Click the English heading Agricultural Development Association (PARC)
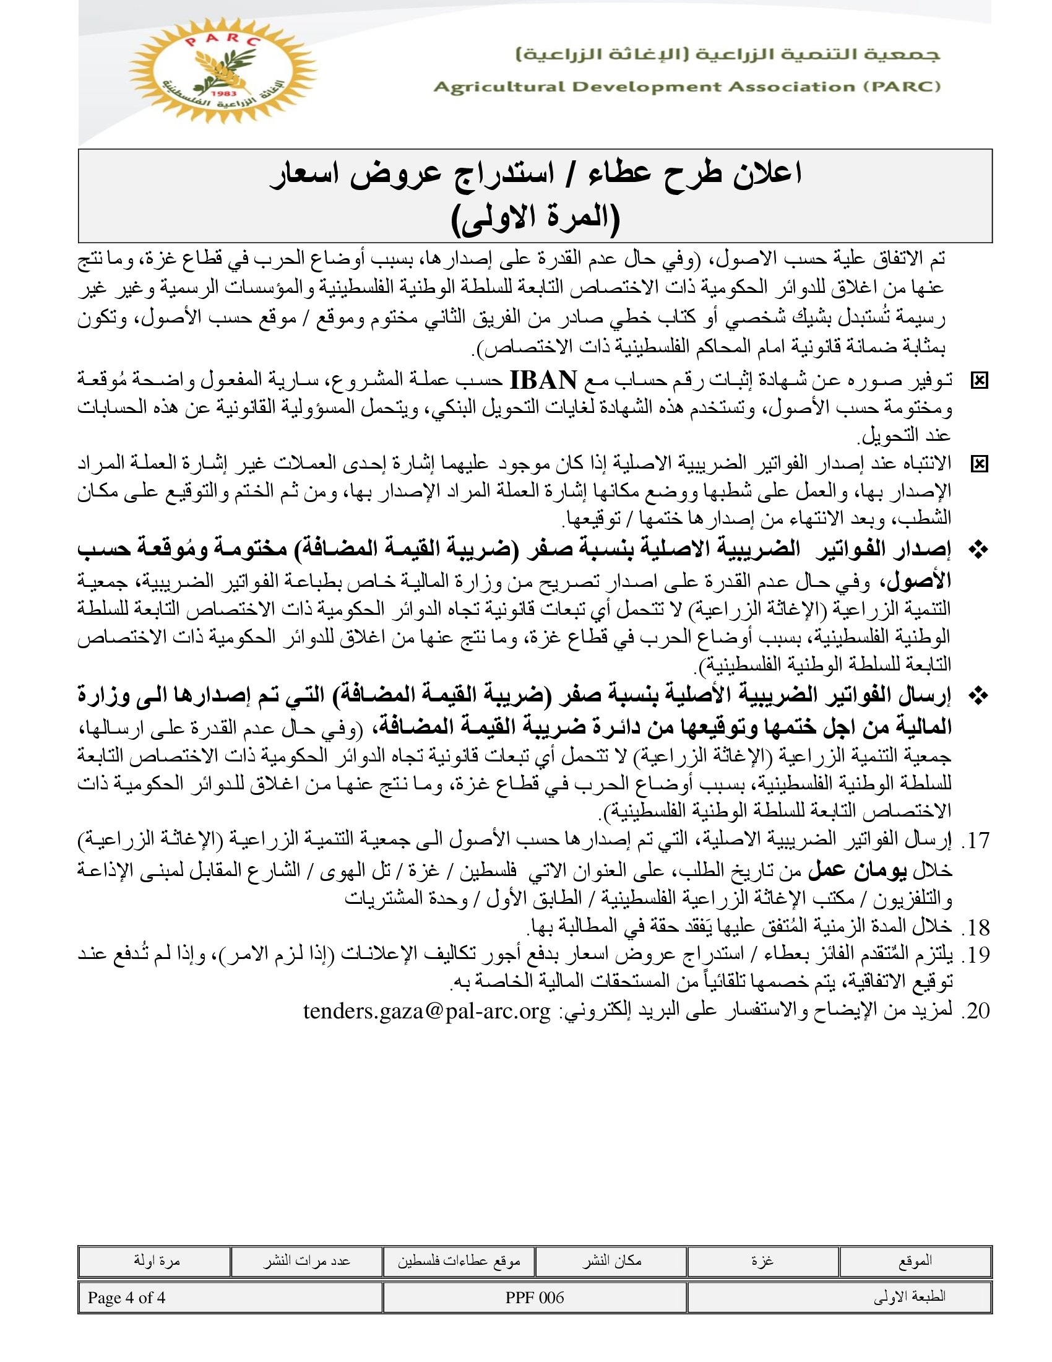(686, 87)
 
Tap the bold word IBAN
(543, 379)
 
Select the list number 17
(975, 841)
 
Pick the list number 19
(975, 955)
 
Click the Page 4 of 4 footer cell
(126, 1298)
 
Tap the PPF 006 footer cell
(535, 1298)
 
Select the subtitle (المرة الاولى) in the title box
(535, 218)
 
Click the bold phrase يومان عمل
(843, 870)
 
